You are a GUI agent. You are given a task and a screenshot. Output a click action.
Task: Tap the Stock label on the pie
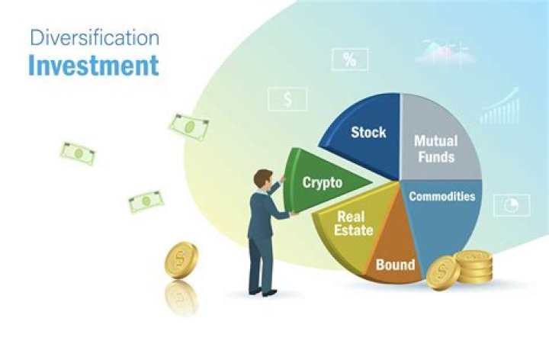(368, 133)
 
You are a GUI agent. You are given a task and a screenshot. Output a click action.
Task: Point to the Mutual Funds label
(435, 149)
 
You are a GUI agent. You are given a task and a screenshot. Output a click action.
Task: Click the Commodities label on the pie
(441, 196)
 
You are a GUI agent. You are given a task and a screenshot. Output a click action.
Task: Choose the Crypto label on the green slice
(322, 182)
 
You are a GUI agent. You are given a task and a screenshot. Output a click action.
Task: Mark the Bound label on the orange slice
(395, 265)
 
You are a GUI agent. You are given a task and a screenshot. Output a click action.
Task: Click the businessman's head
(263, 180)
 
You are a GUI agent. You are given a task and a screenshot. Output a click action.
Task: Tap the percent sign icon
(350, 59)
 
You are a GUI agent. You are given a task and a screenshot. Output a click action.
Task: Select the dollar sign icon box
(287, 98)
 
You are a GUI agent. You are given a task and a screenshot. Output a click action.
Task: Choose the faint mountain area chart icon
(444, 52)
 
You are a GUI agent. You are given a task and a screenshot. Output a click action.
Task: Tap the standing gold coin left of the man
(181, 260)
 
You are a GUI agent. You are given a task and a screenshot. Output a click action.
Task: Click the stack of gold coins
(474, 265)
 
